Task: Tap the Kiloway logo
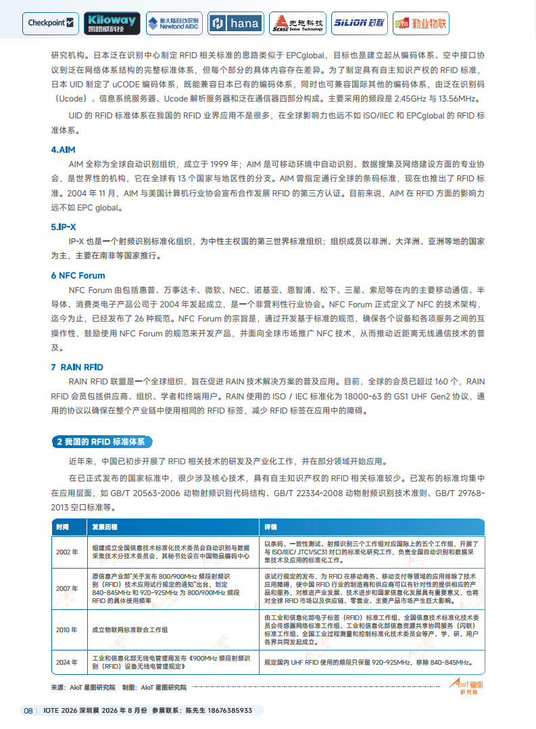point(112,23)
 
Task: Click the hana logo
point(235,23)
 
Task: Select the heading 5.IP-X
point(64,226)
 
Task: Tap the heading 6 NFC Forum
point(78,275)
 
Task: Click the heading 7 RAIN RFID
point(77,367)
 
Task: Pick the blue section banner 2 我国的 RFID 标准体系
point(101,442)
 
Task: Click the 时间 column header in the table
point(62,527)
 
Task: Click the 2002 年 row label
point(68,552)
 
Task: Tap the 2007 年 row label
point(68,588)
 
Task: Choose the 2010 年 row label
point(68,629)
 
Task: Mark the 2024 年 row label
point(68,662)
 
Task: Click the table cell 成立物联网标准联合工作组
point(130,629)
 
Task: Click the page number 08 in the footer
point(28,710)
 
